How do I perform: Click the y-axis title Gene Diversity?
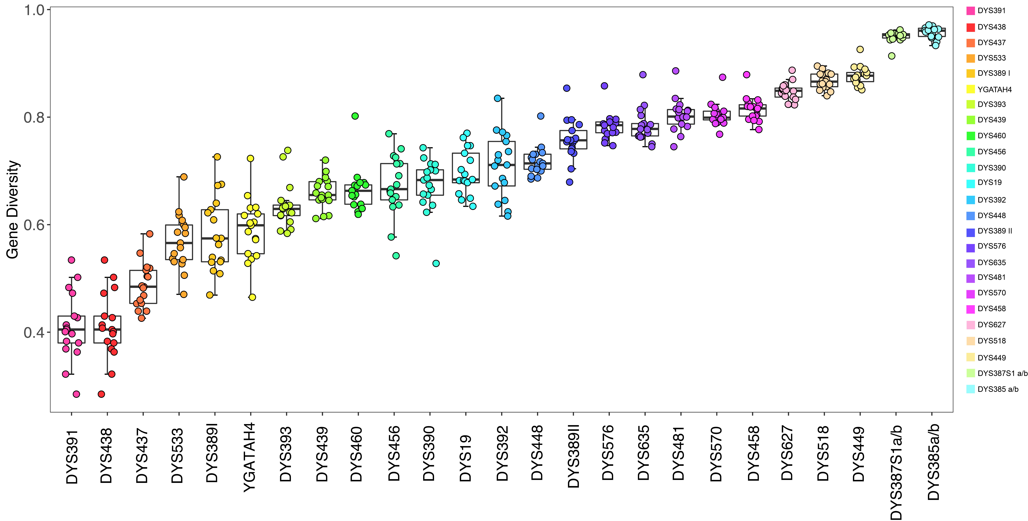[x=13, y=210]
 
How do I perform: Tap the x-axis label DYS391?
[x=72, y=457]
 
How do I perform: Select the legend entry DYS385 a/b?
[x=998, y=389]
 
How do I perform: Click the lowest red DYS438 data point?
[x=101, y=394]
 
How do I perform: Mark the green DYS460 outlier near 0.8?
[x=355, y=116]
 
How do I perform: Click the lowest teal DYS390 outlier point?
[x=436, y=264]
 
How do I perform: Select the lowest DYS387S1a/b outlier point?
[x=892, y=56]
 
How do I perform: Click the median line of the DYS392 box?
[x=502, y=165]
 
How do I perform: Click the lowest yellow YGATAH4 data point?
[x=252, y=297]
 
